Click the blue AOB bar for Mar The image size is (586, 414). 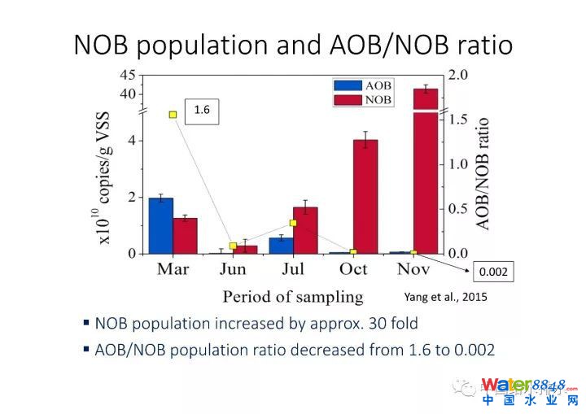point(160,225)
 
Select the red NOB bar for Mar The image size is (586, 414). point(185,235)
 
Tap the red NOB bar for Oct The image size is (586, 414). point(365,196)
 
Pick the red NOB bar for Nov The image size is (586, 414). point(426,171)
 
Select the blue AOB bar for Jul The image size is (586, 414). point(281,245)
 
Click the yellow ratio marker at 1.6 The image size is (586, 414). point(173,115)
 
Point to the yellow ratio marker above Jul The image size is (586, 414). point(293,223)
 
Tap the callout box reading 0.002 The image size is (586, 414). point(494,272)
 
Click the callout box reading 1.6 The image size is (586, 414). point(203,109)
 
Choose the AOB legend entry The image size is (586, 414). point(363,85)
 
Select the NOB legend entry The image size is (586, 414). point(363,99)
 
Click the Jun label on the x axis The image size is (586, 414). point(234,269)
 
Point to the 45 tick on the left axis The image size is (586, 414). point(128,75)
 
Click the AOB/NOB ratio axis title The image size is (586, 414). point(483,173)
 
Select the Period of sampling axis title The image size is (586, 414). point(293,296)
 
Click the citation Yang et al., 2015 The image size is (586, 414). point(446,297)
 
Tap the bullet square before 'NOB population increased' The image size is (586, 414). point(86,322)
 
